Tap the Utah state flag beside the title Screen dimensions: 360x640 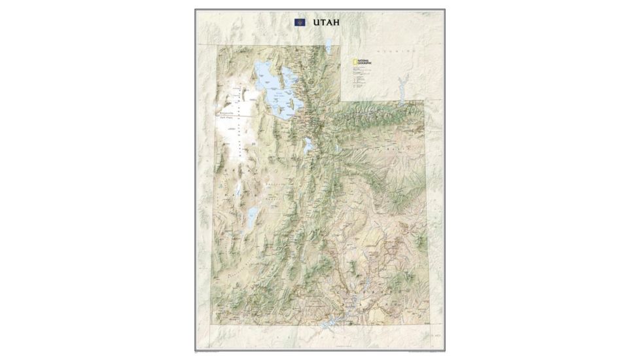coord(300,22)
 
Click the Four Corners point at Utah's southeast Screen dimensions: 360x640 coord(425,324)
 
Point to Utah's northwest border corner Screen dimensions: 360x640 coord(211,45)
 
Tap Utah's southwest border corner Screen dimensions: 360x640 coord(211,324)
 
